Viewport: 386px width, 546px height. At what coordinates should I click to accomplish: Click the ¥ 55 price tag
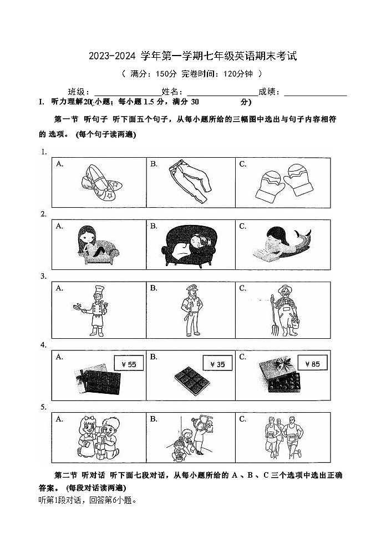128,364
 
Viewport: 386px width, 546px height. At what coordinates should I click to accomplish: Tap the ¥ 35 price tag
217,364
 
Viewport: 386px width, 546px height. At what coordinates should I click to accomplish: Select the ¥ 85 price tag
312,364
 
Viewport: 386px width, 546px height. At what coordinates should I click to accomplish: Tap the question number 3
43,276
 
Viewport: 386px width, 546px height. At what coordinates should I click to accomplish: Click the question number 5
43,407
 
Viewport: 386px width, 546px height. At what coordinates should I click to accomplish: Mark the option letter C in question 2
242,226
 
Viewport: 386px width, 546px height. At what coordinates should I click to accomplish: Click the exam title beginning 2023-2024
192,56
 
